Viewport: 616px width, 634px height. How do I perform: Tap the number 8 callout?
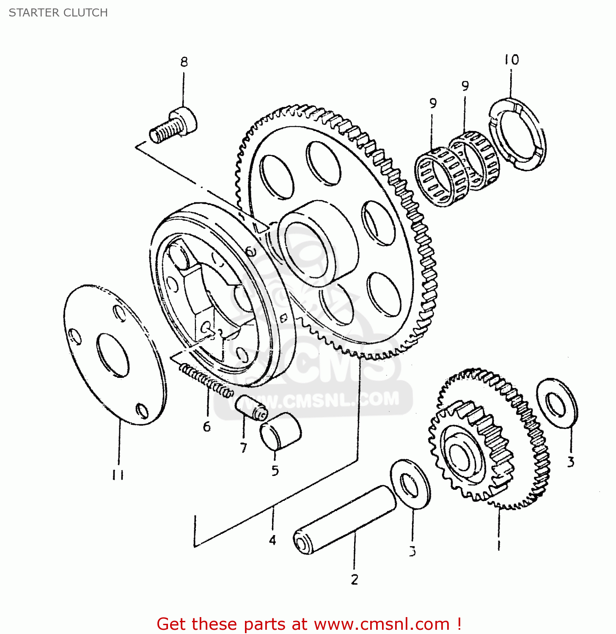184,62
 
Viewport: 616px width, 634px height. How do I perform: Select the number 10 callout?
511,60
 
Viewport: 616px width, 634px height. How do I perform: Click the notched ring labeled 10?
517,134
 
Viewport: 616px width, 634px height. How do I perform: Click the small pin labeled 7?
251,408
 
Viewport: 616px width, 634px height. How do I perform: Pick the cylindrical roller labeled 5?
280,431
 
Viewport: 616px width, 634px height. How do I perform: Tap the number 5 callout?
275,470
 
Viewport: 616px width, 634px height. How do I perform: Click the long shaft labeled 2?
345,520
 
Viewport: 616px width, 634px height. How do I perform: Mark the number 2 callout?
355,579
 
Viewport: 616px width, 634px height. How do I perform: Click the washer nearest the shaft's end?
410,484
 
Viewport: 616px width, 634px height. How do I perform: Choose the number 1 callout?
499,545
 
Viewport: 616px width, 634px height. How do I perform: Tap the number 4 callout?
272,540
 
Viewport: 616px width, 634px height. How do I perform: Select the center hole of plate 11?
113,355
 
